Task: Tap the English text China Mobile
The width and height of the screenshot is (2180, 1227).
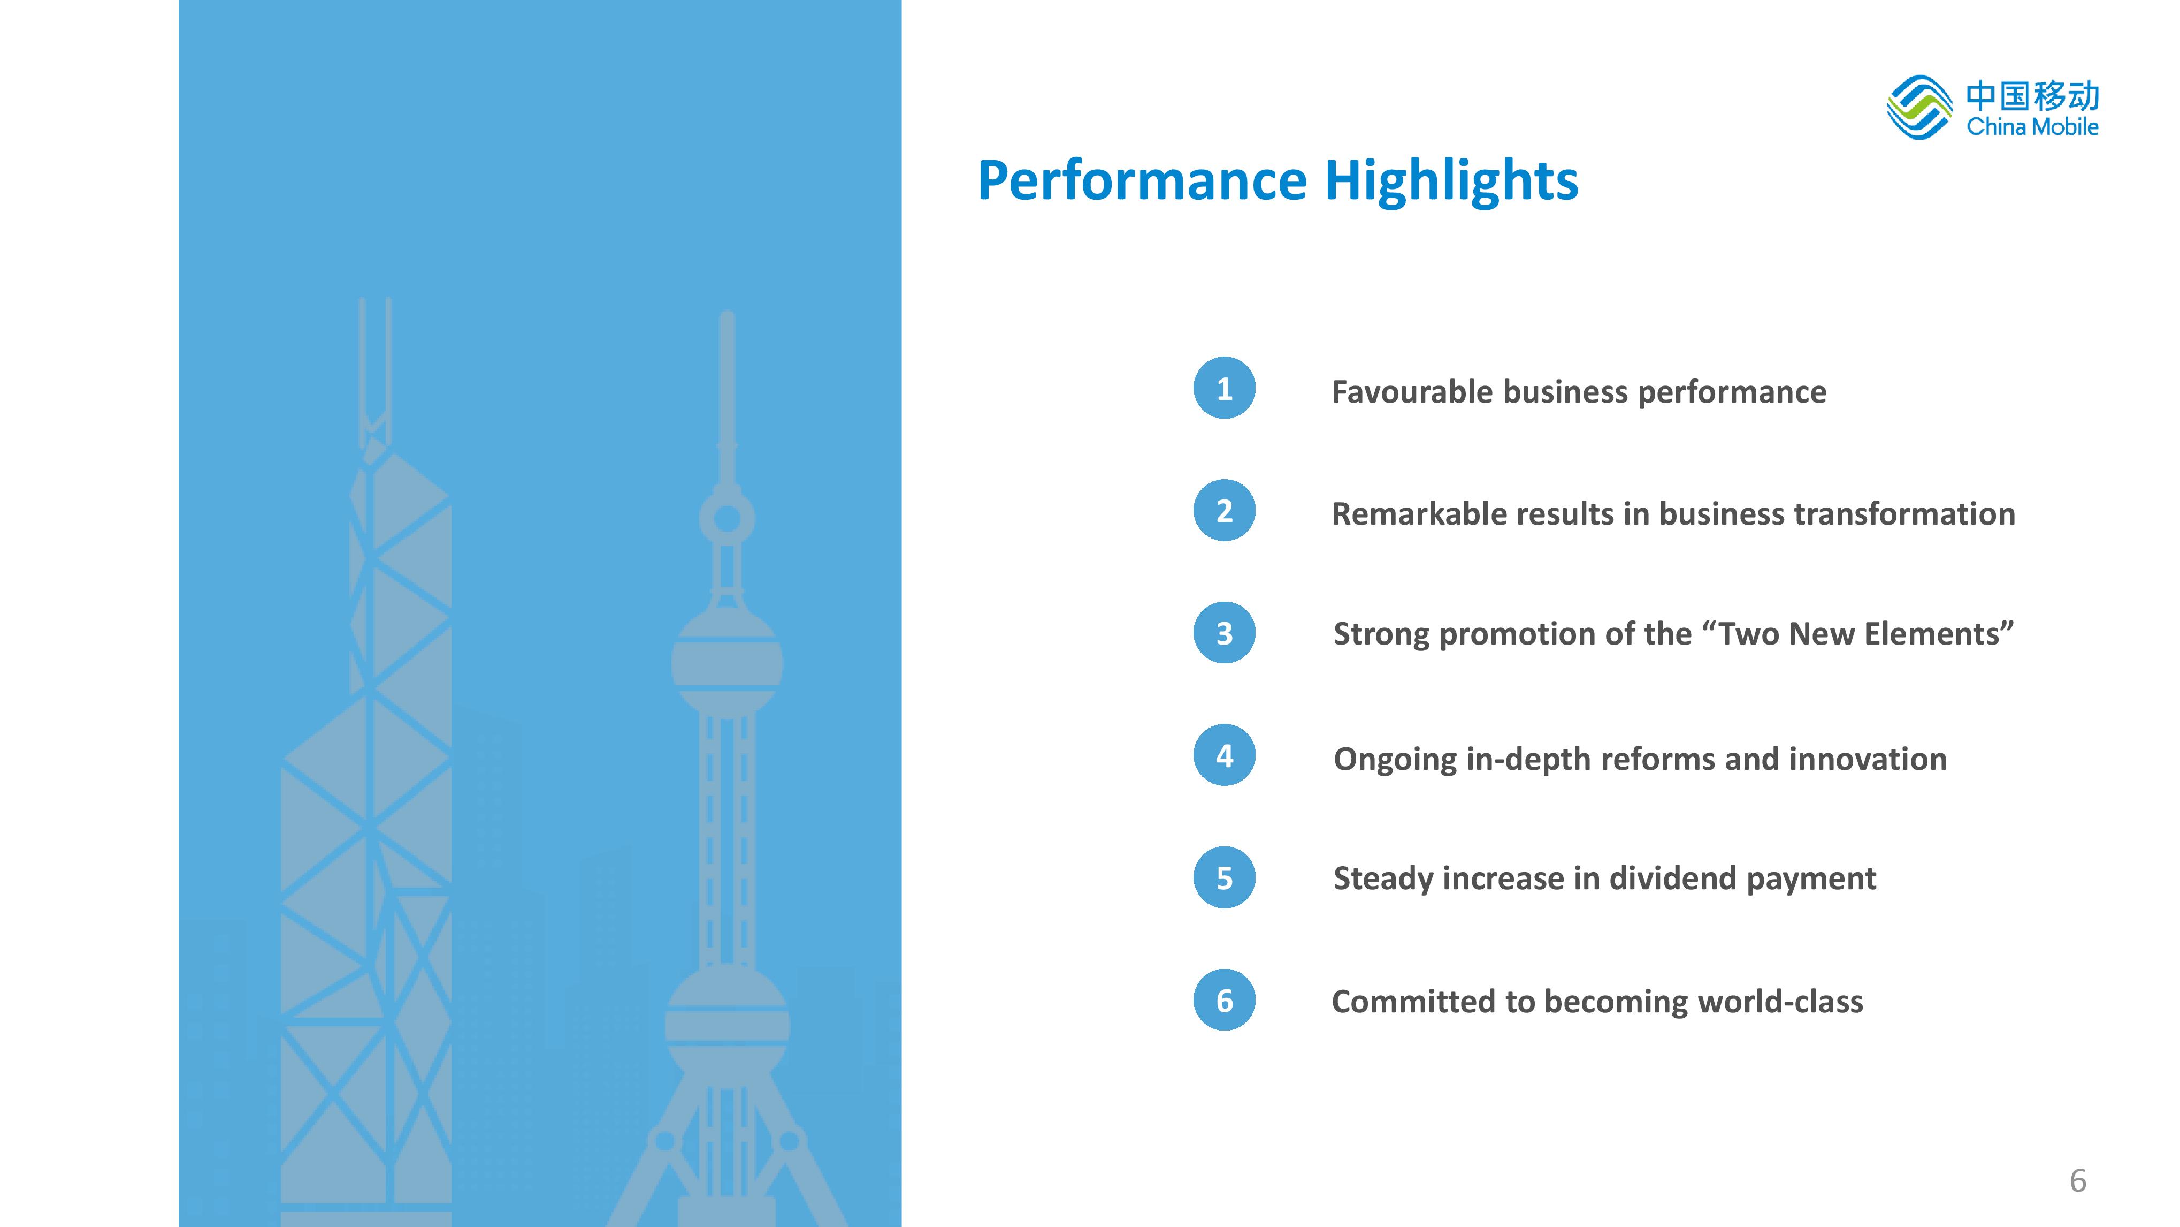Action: tap(2032, 127)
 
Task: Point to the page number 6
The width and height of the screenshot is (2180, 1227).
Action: tap(2078, 1180)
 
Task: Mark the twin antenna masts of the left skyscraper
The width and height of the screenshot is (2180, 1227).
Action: tap(375, 373)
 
